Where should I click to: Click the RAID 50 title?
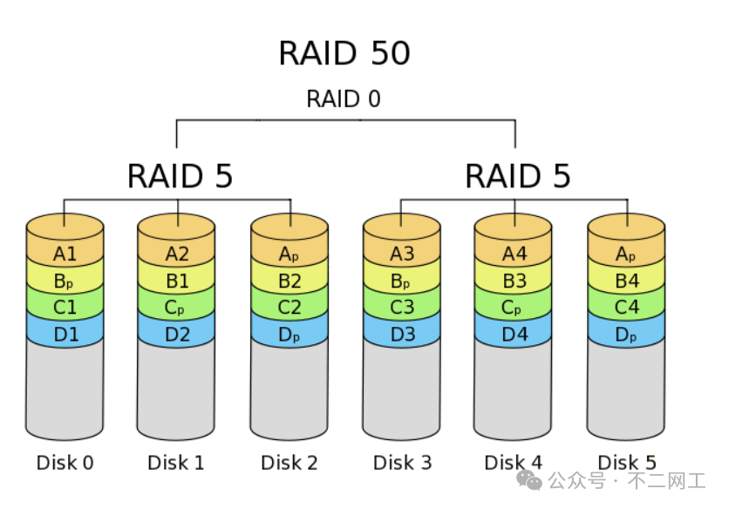(x=344, y=54)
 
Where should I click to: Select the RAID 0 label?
(x=344, y=98)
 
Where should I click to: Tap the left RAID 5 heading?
(x=181, y=175)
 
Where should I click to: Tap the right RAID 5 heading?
(x=518, y=175)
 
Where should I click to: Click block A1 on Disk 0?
(x=65, y=254)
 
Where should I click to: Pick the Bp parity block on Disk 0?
(x=65, y=282)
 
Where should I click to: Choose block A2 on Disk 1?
(x=177, y=254)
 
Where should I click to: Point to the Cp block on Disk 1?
(x=177, y=308)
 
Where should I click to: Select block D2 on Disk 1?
(x=177, y=334)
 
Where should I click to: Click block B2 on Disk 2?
(x=290, y=282)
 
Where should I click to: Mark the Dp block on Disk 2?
(x=290, y=334)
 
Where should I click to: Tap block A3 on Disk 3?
(x=402, y=254)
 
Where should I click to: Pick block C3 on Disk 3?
(x=402, y=308)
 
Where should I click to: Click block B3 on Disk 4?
(x=514, y=282)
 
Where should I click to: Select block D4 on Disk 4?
(x=514, y=334)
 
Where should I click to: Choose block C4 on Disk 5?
(x=627, y=308)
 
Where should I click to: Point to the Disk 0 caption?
(x=65, y=463)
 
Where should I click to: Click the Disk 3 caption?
(x=402, y=463)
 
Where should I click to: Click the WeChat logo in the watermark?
(x=528, y=480)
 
